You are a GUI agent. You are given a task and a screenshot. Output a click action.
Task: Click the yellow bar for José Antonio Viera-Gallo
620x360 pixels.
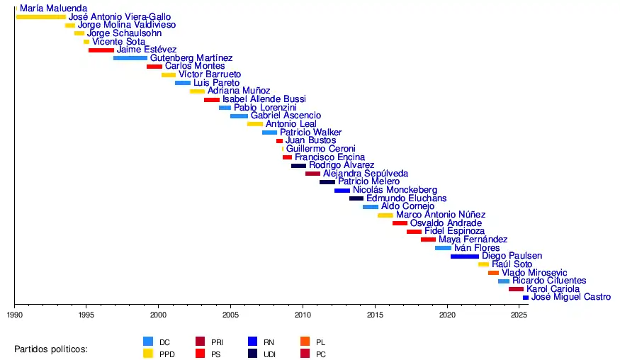[x=40, y=17]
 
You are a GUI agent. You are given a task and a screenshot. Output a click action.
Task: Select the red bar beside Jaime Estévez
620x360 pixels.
[x=101, y=50]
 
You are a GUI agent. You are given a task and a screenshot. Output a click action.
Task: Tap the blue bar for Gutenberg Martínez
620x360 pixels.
[x=130, y=58]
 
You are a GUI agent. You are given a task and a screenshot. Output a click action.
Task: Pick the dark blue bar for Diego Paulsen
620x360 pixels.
[x=465, y=257]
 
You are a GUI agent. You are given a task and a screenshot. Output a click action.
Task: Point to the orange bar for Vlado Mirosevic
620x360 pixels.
[x=493, y=273]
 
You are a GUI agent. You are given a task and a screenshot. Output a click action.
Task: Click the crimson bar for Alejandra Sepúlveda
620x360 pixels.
[x=312, y=174]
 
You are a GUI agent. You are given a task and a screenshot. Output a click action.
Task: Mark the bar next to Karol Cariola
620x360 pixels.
[x=516, y=289]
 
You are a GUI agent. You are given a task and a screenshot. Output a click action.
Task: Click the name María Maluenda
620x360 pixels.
[x=54, y=9]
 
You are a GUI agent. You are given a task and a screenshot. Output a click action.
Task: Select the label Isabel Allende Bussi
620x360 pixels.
[x=264, y=99]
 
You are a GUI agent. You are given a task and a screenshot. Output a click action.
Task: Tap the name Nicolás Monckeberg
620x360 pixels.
[x=395, y=190]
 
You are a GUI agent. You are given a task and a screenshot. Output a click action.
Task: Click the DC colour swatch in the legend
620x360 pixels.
[x=148, y=341]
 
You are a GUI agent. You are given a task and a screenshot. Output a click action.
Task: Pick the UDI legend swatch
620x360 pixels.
[x=253, y=353]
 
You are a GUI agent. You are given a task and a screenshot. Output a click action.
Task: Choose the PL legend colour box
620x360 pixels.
[x=305, y=341]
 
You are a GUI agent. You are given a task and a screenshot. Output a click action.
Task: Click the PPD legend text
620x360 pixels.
[x=167, y=354]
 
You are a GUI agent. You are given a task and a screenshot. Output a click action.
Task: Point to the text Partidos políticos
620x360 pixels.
[x=50, y=349]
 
